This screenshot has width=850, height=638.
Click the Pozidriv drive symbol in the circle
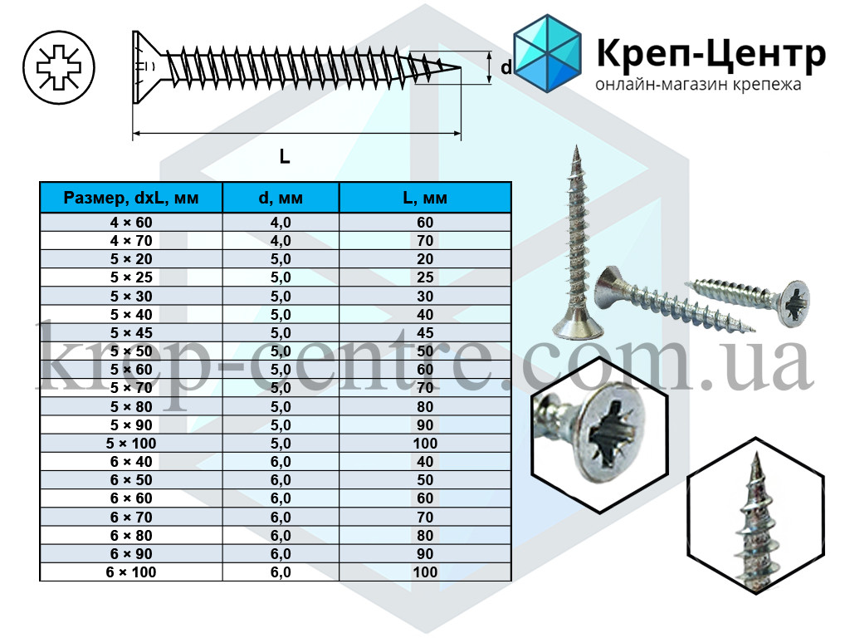point(60,66)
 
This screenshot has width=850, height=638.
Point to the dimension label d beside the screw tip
point(506,68)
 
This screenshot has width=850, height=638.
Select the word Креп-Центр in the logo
point(711,54)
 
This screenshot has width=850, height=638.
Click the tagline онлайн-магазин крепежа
point(698,86)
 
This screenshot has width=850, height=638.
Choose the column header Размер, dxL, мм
point(131,199)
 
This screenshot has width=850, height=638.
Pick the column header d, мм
point(280,199)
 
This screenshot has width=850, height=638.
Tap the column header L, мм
point(424,199)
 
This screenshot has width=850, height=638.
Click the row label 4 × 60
point(131,223)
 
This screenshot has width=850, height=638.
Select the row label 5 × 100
point(131,444)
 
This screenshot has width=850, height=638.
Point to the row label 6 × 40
point(131,462)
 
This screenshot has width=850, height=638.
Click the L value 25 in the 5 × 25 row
point(424,277)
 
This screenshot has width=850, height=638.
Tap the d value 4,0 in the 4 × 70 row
point(280,241)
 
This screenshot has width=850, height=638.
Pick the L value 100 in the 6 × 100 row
point(424,572)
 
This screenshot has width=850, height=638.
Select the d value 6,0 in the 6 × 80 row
point(280,536)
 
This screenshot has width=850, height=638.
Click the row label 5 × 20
point(131,259)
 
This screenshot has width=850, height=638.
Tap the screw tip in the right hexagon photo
point(759,462)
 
